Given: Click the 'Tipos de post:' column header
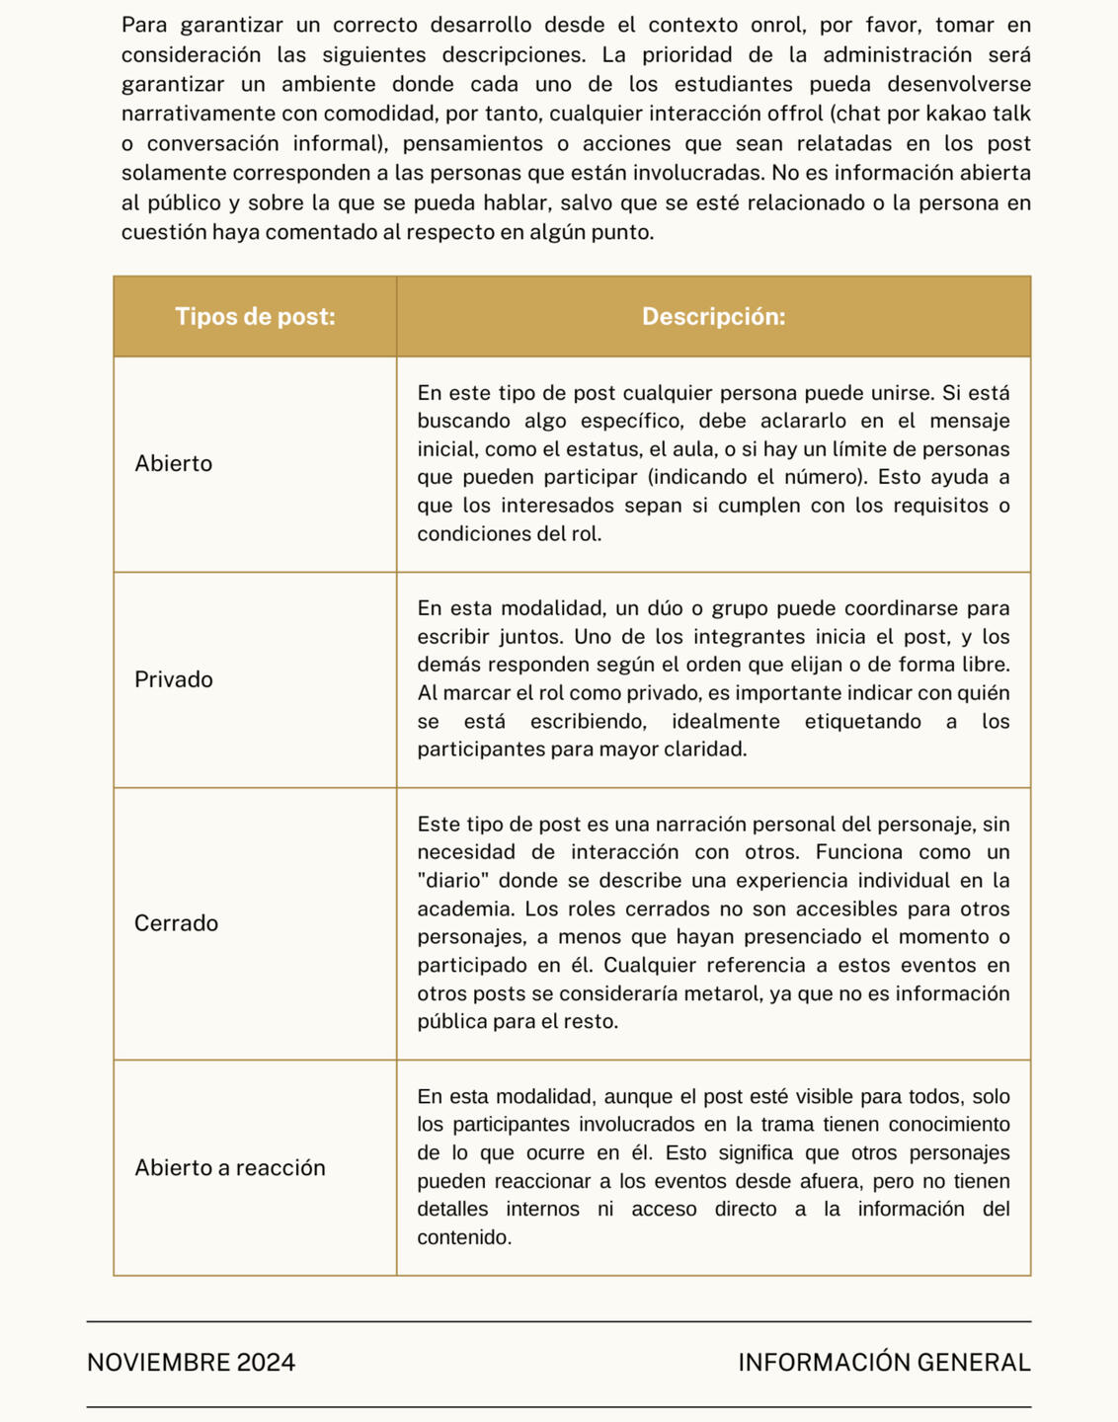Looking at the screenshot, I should (x=255, y=317).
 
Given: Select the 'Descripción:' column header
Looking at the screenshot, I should (x=713, y=317).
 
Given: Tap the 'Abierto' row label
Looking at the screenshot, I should (x=174, y=464).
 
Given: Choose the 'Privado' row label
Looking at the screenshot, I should (x=174, y=679).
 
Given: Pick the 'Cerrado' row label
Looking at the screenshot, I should (x=176, y=923).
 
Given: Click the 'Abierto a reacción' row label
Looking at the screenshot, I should (x=230, y=1168).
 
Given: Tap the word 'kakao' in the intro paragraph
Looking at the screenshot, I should (x=959, y=114).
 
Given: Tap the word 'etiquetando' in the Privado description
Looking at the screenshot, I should (x=863, y=721).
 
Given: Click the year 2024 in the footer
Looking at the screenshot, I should (x=266, y=1363).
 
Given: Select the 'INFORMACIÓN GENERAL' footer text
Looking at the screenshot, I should (x=884, y=1363).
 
